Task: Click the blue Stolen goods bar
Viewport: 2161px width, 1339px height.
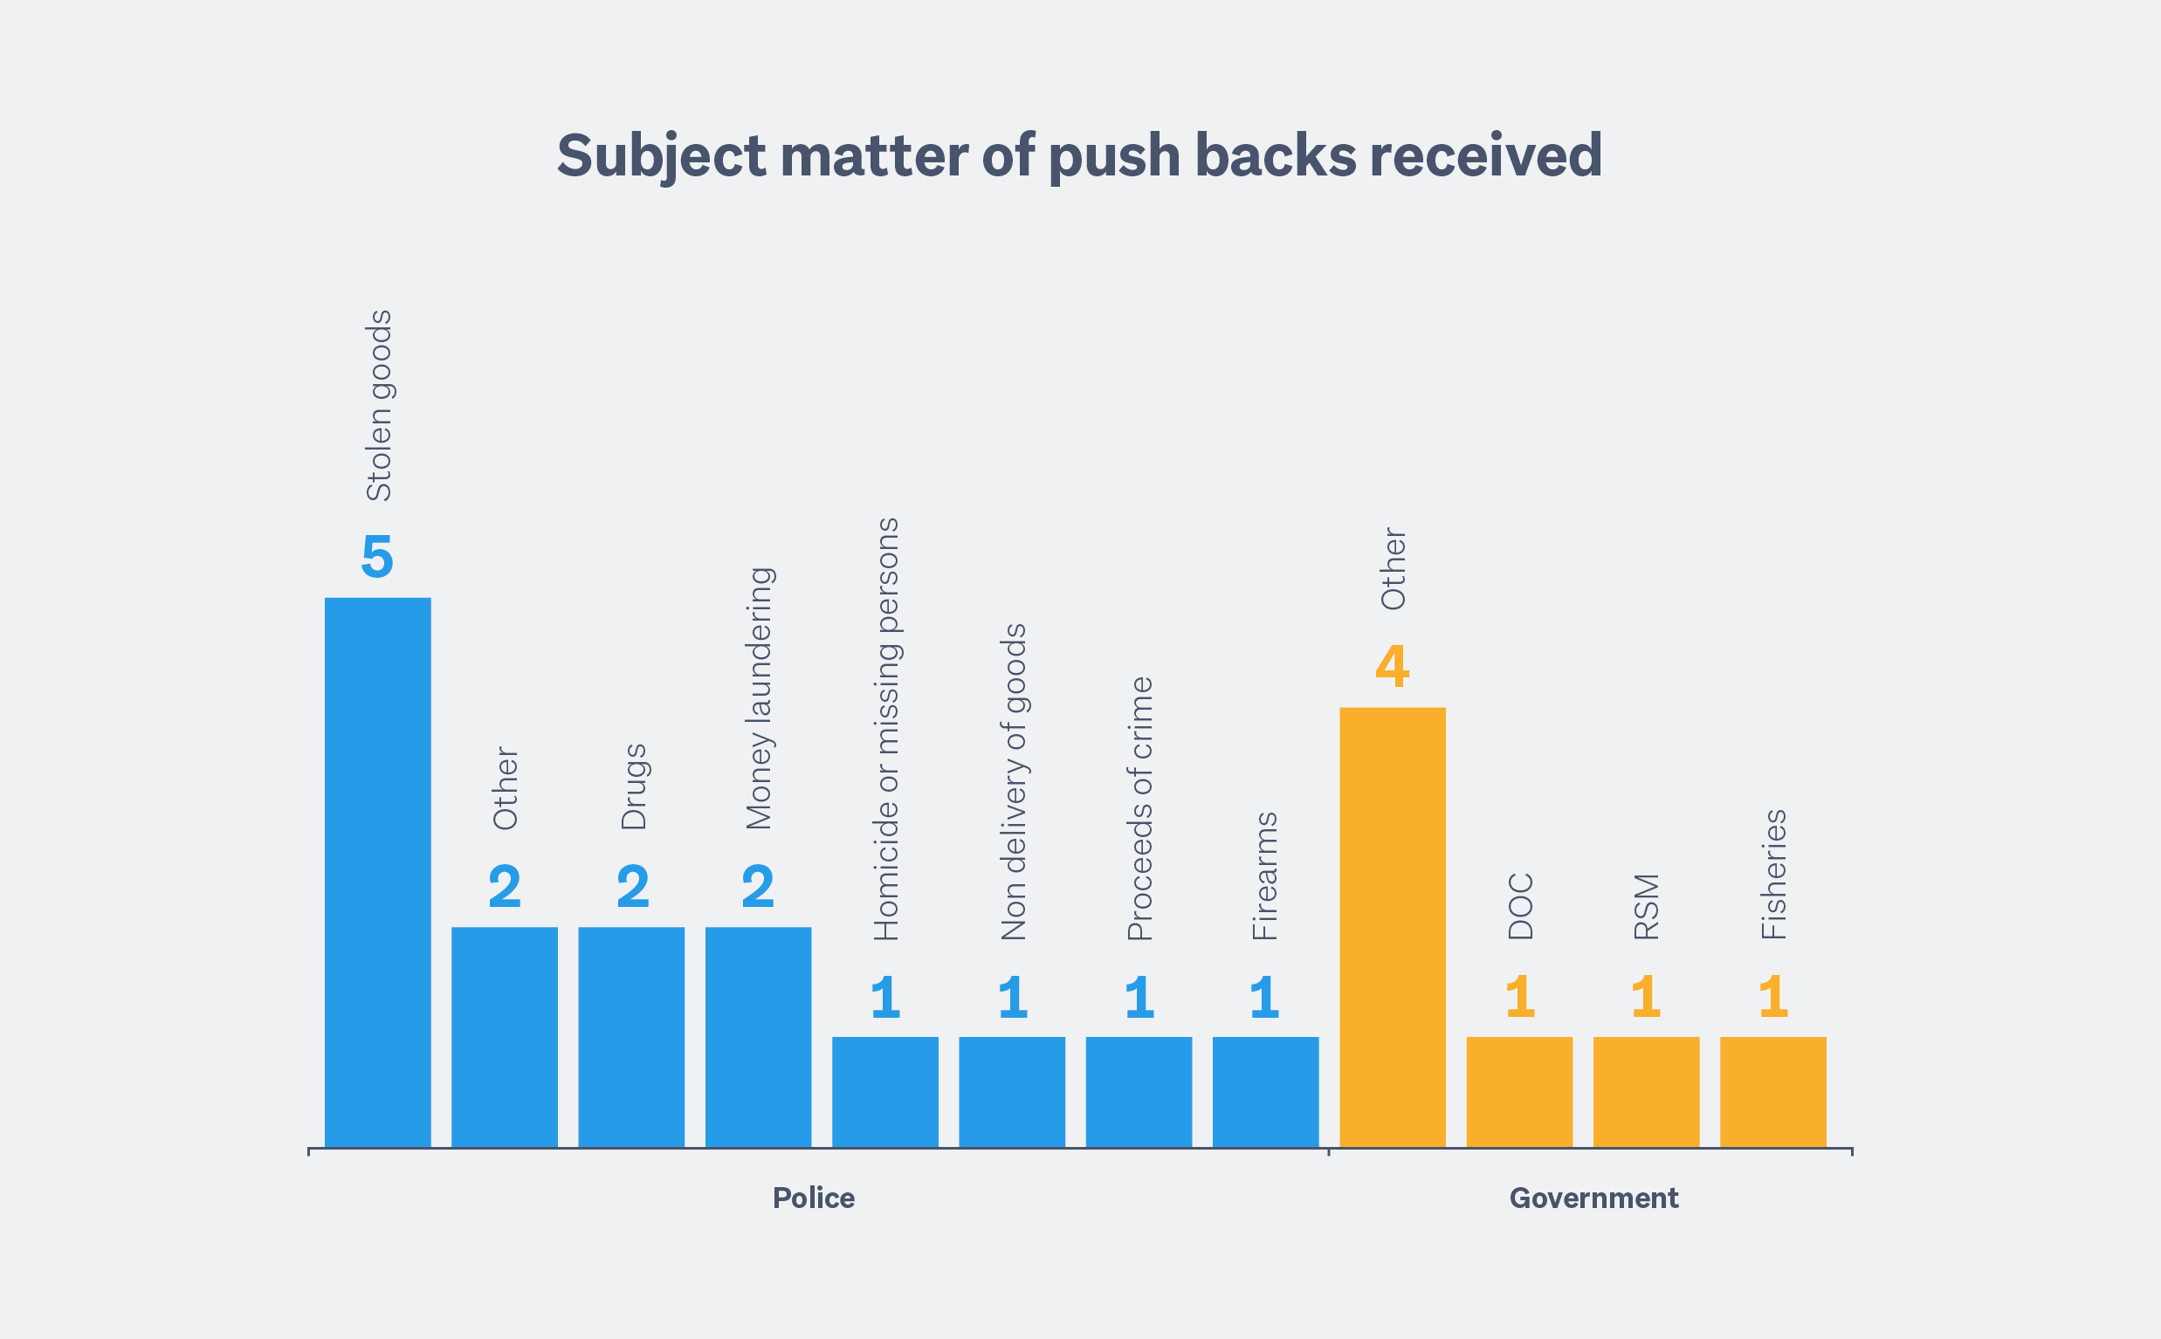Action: click(377, 872)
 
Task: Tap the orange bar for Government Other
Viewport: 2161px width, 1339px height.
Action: click(1393, 927)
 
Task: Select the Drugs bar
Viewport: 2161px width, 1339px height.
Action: click(631, 1037)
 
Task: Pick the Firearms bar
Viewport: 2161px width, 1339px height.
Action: click(1264, 1092)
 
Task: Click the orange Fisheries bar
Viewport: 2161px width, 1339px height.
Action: click(1773, 1092)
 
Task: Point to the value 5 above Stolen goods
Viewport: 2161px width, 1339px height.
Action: click(377, 557)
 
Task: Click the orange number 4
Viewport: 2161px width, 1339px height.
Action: click(1393, 667)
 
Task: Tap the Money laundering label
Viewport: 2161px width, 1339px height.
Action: click(759, 698)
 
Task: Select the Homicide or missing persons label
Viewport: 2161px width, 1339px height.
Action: click(886, 729)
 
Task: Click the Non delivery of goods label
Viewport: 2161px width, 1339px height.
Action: click(1013, 782)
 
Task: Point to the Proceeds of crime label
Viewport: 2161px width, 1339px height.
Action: click(1139, 808)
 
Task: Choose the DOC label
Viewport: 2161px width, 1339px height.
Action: click(1520, 907)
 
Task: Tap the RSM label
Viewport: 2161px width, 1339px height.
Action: click(1647, 907)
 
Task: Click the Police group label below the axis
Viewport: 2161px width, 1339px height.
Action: click(813, 1198)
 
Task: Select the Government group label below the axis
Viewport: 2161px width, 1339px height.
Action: click(1593, 1198)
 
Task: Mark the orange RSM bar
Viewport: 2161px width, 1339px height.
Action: click(1647, 1092)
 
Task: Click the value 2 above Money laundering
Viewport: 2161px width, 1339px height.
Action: click(758, 888)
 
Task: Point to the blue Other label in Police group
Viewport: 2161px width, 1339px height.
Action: click(505, 788)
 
